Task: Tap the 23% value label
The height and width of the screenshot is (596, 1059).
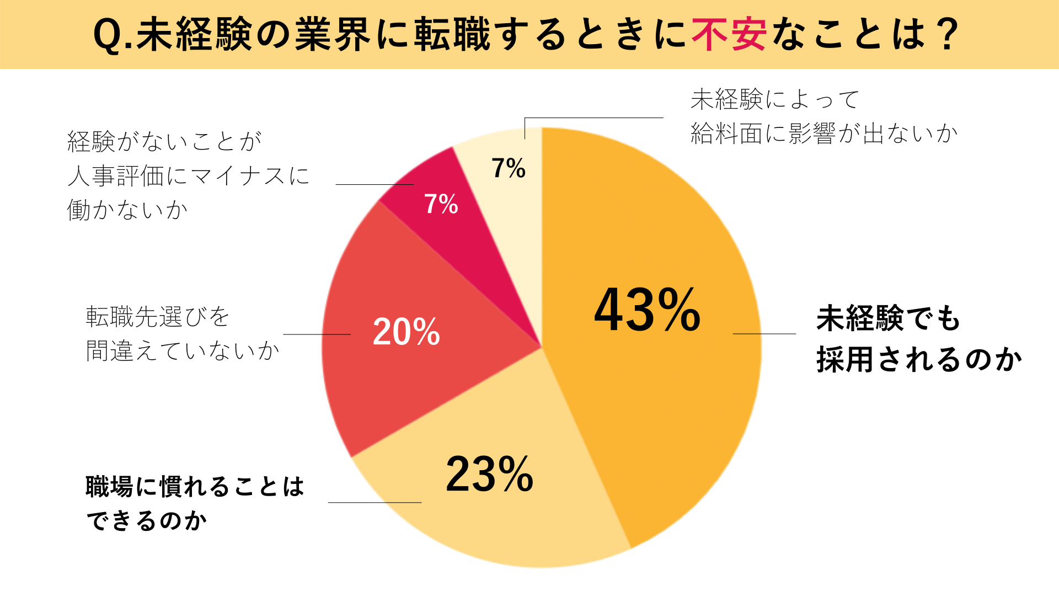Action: click(x=489, y=474)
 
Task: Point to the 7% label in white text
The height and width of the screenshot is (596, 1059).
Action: click(x=441, y=204)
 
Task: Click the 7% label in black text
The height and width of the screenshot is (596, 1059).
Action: click(x=508, y=168)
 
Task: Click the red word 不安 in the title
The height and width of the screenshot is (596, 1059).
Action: click(x=729, y=34)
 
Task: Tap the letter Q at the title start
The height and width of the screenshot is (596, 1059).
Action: click(x=107, y=35)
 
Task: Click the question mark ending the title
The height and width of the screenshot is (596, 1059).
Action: click(x=949, y=34)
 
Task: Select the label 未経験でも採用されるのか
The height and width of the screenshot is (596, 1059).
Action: click(x=918, y=339)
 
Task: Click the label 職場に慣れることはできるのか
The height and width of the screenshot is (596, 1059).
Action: click(x=195, y=503)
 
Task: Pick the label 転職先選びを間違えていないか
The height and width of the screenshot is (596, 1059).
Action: click(x=183, y=333)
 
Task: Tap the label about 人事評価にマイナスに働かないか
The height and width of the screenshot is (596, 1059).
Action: click(x=188, y=175)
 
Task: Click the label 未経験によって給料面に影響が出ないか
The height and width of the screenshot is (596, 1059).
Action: click(x=824, y=116)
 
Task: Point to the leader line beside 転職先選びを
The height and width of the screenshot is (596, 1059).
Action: click(x=317, y=334)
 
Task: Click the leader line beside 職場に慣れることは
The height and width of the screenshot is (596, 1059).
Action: click(x=375, y=502)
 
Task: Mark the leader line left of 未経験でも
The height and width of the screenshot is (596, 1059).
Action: click(x=764, y=334)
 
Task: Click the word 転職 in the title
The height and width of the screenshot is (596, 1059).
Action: click(x=452, y=34)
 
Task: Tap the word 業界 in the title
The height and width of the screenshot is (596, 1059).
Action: click(x=333, y=34)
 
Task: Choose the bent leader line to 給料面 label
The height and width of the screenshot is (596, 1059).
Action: click(x=593, y=118)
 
